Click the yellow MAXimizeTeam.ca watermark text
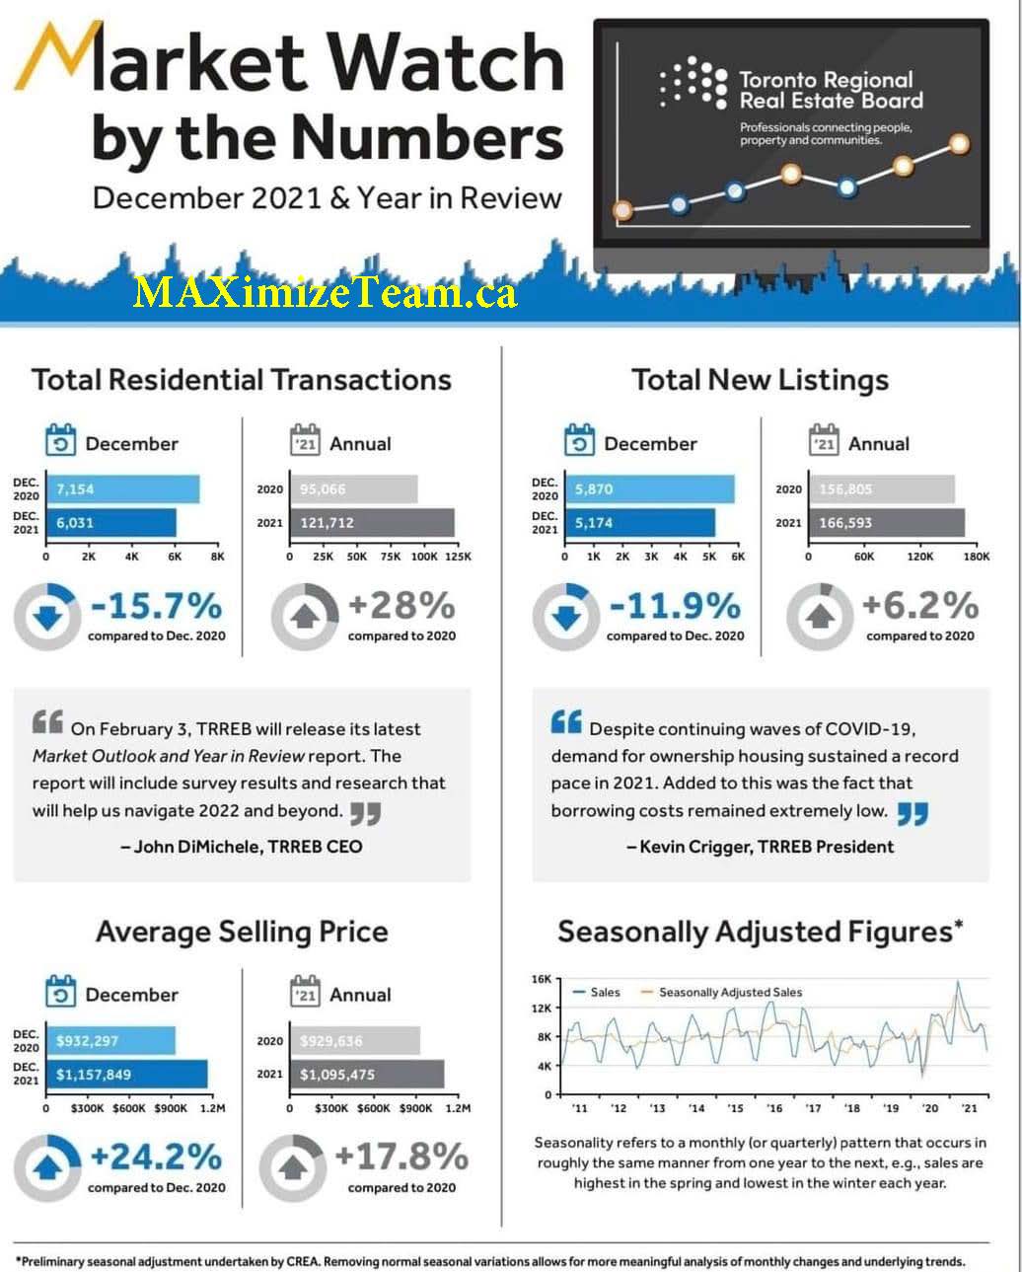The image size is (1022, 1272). (325, 292)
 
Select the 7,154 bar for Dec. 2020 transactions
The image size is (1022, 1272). (122, 489)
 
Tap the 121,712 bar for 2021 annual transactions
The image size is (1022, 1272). (372, 523)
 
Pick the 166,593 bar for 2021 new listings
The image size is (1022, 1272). (886, 523)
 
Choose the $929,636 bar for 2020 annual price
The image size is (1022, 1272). (354, 1041)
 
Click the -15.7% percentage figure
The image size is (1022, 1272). (156, 606)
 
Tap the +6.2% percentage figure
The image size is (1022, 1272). (920, 606)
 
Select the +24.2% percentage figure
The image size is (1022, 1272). (156, 1158)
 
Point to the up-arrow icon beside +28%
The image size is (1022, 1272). (306, 618)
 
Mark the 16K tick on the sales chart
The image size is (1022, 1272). (542, 979)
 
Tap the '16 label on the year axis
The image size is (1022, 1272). (774, 1108)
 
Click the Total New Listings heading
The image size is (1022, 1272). (760, 380)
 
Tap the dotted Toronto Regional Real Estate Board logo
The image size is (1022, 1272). (693, 82)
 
